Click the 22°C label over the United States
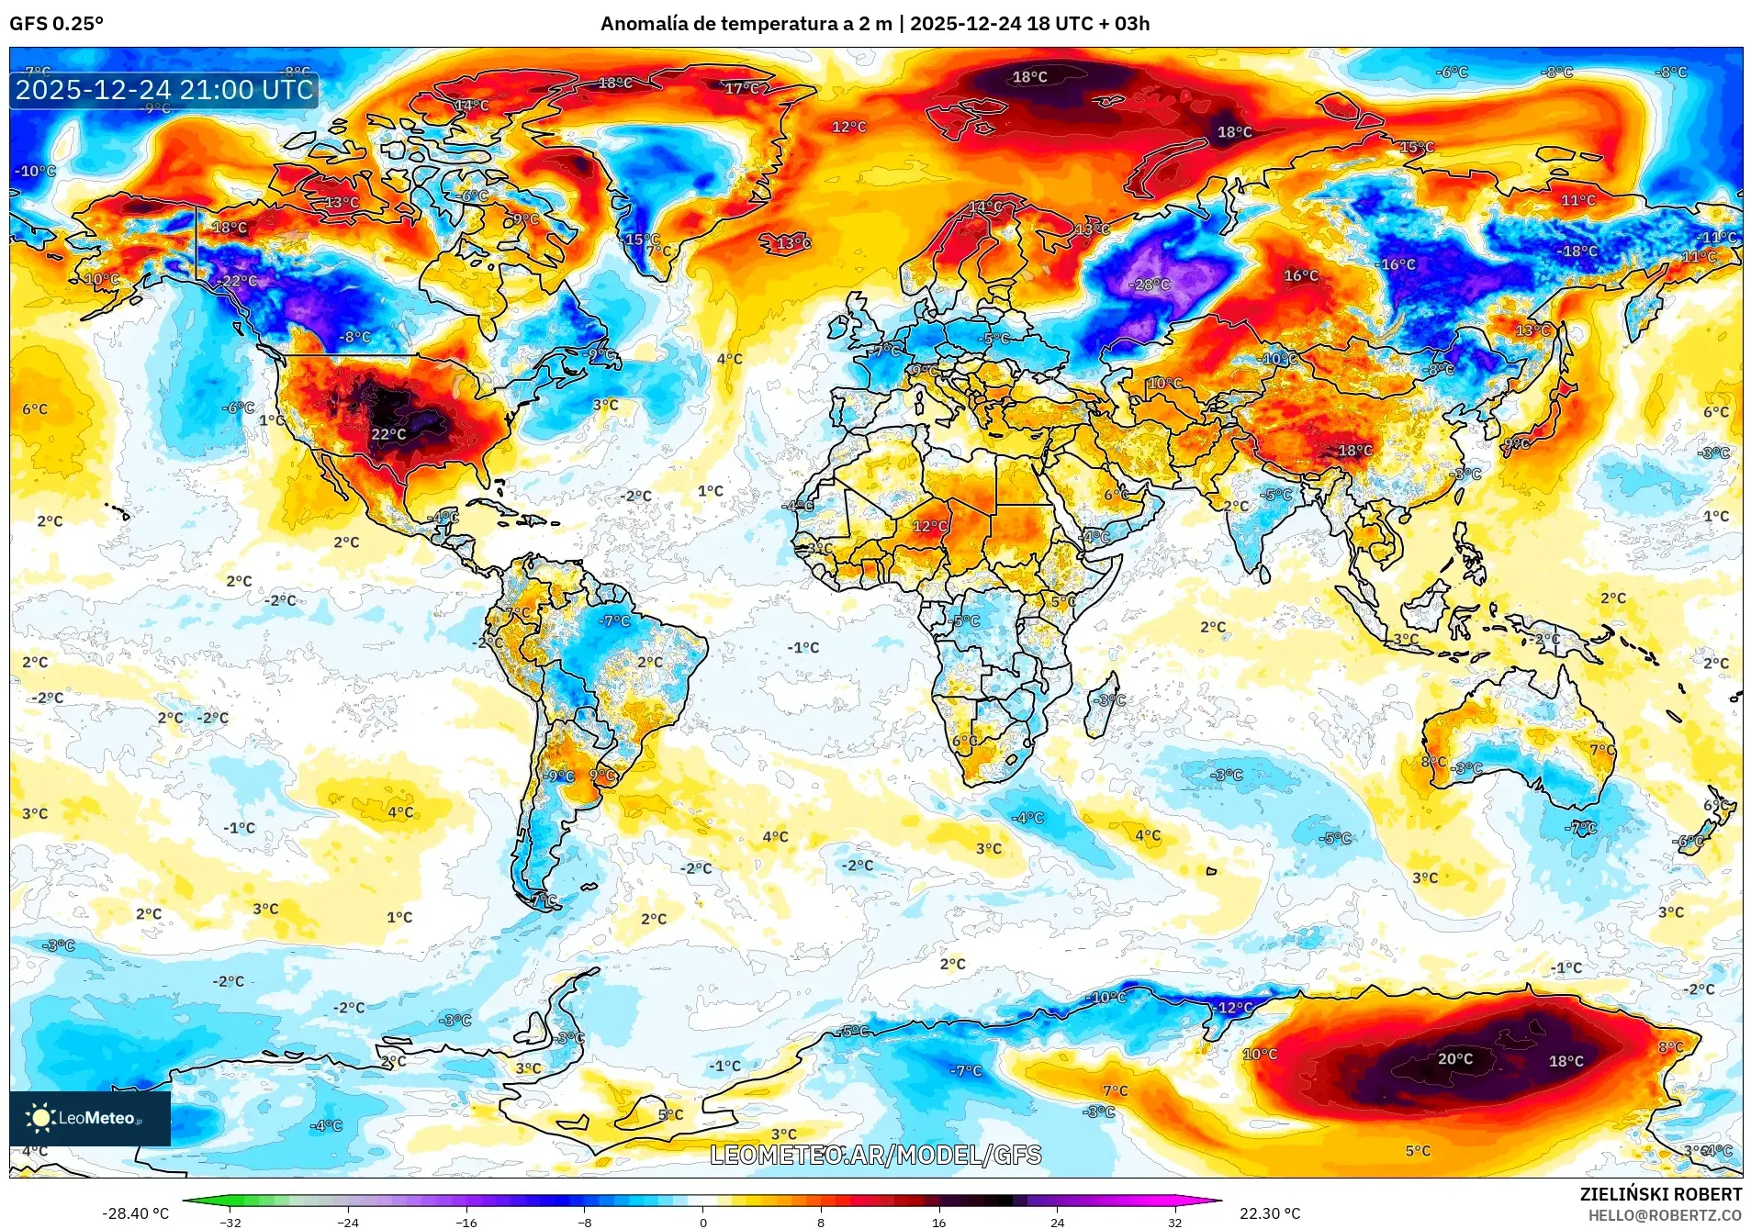point(388,434)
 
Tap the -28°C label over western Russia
point(1149,285)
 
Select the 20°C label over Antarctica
point(1454,1058)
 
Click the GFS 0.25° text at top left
point(56,24)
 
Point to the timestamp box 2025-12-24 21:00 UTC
point(164,90)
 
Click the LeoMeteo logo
point(89,1117)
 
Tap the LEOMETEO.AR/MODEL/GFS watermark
point(875,1155)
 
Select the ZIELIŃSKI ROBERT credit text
point(1660,1194)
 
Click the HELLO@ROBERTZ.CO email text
point(1665,1215)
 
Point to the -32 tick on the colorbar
point(230,1222)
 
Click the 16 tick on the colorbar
point(938,1222)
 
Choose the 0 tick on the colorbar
point(703,1222)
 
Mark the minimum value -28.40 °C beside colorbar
point(135,1213)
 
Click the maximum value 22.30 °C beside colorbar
point(1269,1213)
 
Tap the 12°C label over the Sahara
point(929,526)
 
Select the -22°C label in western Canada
point(237,281)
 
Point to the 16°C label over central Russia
point(1300,275)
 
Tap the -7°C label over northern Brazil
point(614,620)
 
